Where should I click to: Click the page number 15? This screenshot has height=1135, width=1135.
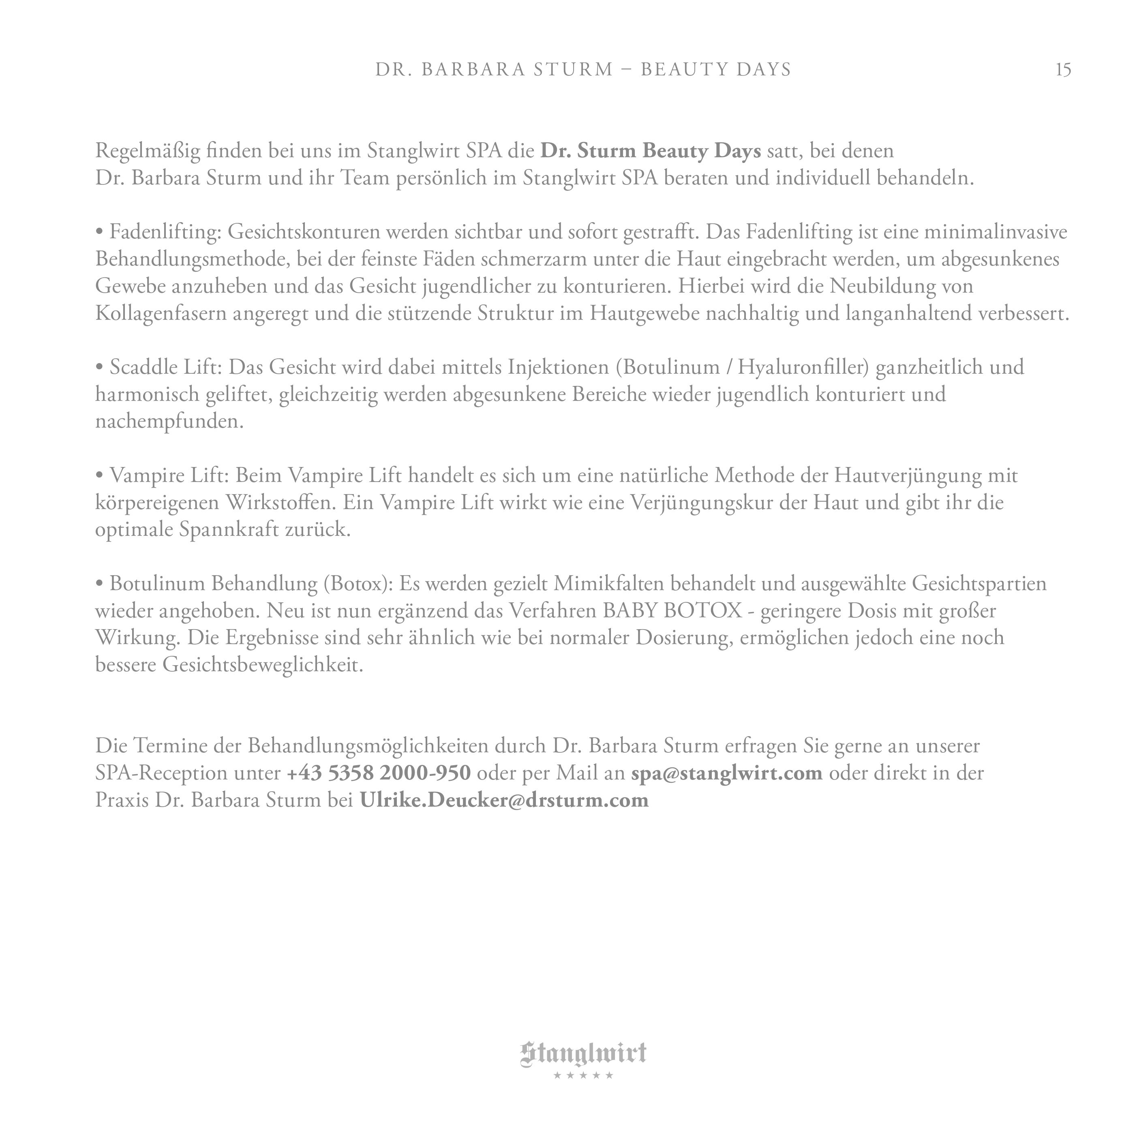(1063, 70)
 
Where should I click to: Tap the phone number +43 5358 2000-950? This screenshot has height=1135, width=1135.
(379, 773)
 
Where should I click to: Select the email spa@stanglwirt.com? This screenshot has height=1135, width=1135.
(727, 773)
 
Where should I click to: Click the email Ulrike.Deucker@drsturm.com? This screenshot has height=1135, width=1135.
(503, 800)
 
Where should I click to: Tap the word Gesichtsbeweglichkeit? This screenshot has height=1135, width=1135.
(263, 665)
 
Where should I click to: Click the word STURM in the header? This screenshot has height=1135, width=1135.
(573, 70)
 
